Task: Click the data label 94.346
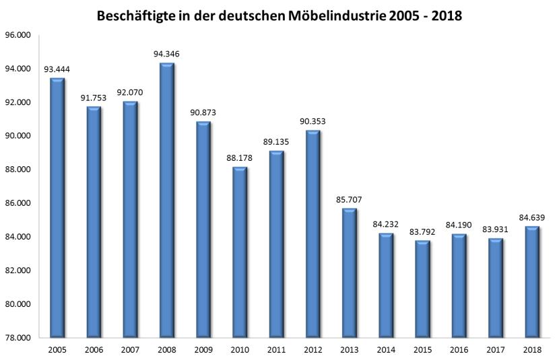pyautogui.click(x=167, y=53)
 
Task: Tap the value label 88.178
pyautogui.click(x=240, y=157)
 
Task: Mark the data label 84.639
pyautogui.click(x=531, y=217)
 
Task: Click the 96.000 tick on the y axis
pyautogui.click(x=19, y=35)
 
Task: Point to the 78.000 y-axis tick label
pyautogui.click(x=19, y=338)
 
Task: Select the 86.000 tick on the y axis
pyautogui.click(x=19, y=203)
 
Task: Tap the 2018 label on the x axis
pyautogui.click(x=531, y=350)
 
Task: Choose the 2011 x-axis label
pyautogui.click(x=276, y=350)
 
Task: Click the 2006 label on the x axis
pyautogui.click(x=94, y=350)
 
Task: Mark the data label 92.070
pyautogui.click(x=130, y=92)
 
